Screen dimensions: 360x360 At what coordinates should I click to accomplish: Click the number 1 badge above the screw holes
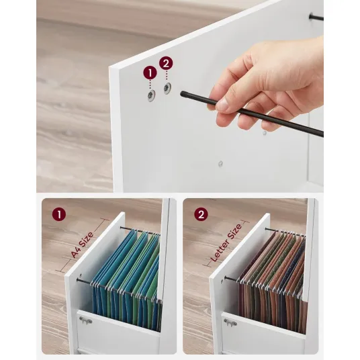click(x=150, y=73)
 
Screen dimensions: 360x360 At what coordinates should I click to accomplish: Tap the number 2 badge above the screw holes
click(x=166, y=63)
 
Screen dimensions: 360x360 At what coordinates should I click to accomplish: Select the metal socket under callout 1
click(x=151, y=95)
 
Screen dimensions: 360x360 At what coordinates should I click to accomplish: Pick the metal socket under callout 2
click(x=168, y=88)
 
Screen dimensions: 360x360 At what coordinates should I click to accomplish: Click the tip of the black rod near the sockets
click(x=182, y=93)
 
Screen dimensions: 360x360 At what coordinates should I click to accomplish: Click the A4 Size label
click(x=82, y=244)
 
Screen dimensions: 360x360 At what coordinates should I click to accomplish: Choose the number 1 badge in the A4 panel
click(x=59, y=214)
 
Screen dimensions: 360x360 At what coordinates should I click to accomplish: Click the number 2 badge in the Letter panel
click(x=201, y=214)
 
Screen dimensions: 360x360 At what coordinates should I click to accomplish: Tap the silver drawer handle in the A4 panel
click(x=85, y=320)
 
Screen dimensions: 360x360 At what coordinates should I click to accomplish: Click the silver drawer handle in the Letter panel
click(x=230, y=322)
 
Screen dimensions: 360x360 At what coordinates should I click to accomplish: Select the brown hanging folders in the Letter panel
click(x=273, y=278)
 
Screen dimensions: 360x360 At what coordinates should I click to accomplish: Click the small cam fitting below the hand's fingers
click(x=265, y=133)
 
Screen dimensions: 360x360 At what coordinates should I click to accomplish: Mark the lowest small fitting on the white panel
click(x=220, y=163)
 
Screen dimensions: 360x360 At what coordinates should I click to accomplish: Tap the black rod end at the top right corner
click(x=312, y=16)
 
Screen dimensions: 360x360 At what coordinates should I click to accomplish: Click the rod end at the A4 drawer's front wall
click(x=78, y=280)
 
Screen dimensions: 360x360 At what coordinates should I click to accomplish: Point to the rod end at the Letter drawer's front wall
click(x=226, y=278)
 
